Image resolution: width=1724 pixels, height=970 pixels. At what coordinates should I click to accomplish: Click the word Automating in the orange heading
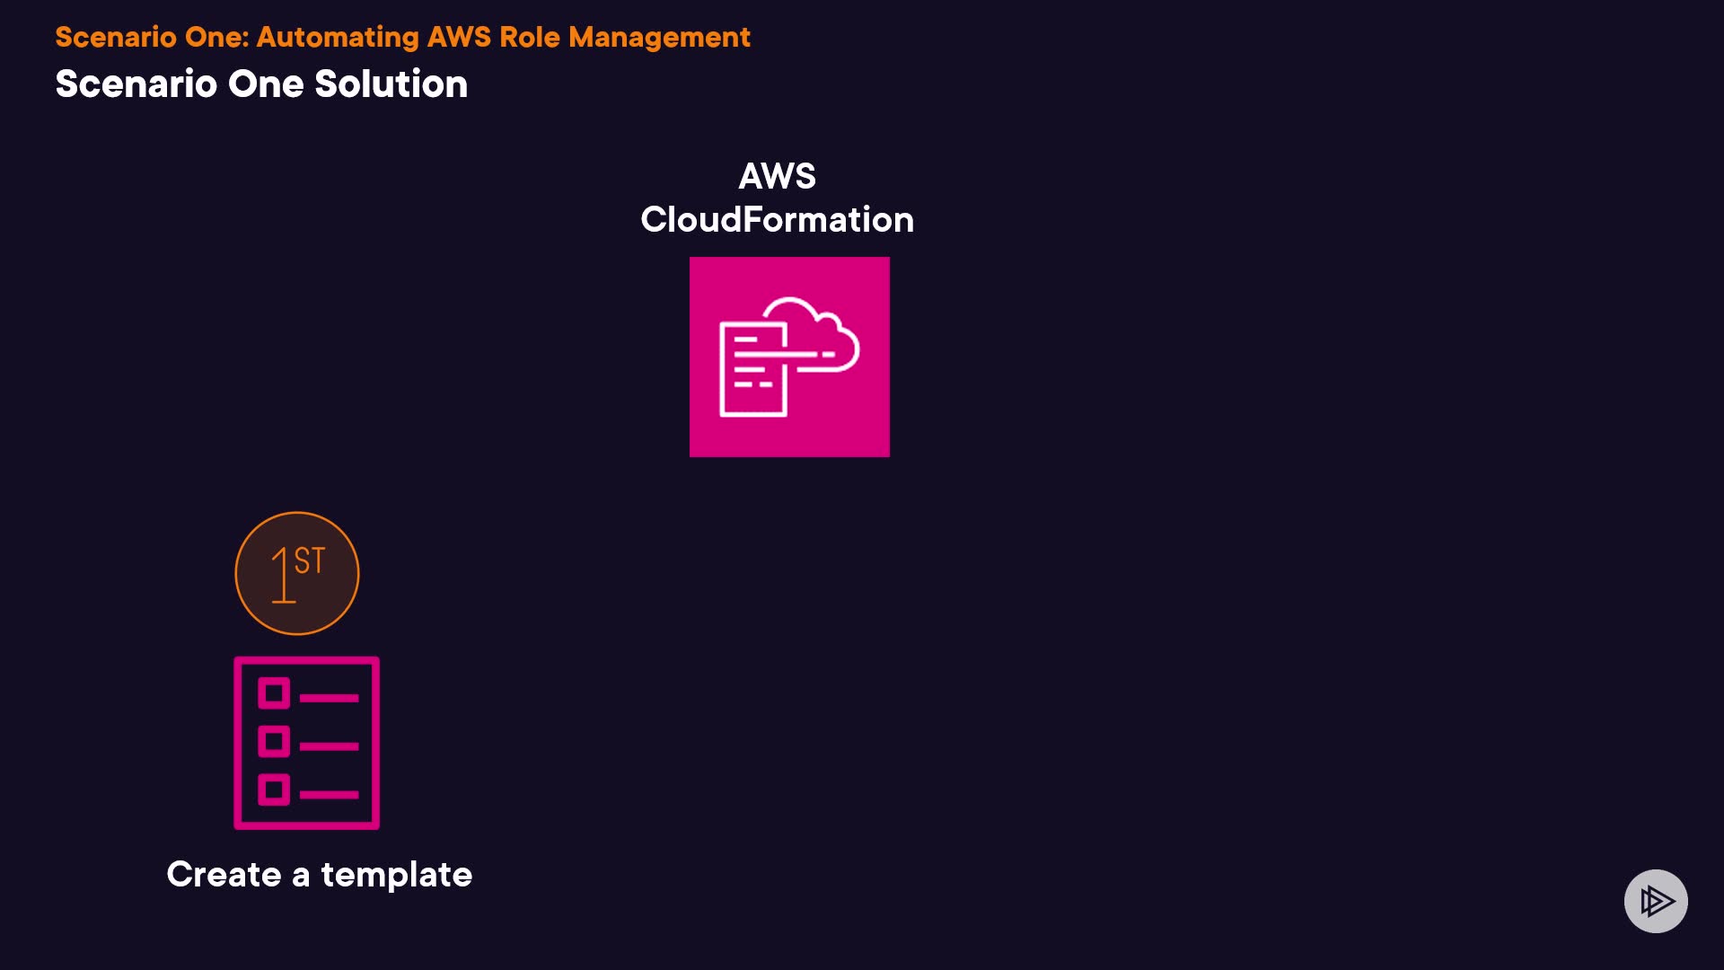[x=338, y=38]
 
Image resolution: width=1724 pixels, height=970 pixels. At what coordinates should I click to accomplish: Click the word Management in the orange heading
[x=659, y=37]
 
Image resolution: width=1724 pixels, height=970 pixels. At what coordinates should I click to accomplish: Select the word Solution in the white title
[x=391, y=84]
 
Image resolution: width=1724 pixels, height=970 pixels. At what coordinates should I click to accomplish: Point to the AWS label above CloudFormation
[x=778, y=176]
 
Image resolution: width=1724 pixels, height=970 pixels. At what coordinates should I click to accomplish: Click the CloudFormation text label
[x=778, y=219]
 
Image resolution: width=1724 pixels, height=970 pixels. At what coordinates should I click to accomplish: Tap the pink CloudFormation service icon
[x=789, y=357]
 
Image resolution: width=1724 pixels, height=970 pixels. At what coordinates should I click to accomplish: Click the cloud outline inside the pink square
[x=813, y=333]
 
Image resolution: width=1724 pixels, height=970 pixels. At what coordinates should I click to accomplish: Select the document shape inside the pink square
[x=753, y=370]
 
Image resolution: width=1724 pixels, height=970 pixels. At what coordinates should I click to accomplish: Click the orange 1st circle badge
[x=297, y=573]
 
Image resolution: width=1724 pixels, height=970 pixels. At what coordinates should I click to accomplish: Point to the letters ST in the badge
[x=310, y=560]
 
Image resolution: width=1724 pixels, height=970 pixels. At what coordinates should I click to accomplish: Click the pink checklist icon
[x=306, y=743]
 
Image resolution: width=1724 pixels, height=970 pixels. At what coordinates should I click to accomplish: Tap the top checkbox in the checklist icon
[x=274, y=693]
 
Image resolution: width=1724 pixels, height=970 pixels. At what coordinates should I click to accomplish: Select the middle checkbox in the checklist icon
[x=274, y=742]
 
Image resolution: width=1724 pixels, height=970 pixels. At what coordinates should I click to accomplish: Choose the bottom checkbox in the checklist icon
[x=274, y=789]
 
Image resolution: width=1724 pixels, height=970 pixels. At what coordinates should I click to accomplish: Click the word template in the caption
[x=397, y=875]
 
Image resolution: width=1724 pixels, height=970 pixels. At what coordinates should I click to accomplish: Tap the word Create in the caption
[x=224, y=874]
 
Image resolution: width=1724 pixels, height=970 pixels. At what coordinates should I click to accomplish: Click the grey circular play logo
[x=1656, y=901]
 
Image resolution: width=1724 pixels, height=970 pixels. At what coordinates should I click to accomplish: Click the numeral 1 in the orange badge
[x=283, y=575]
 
